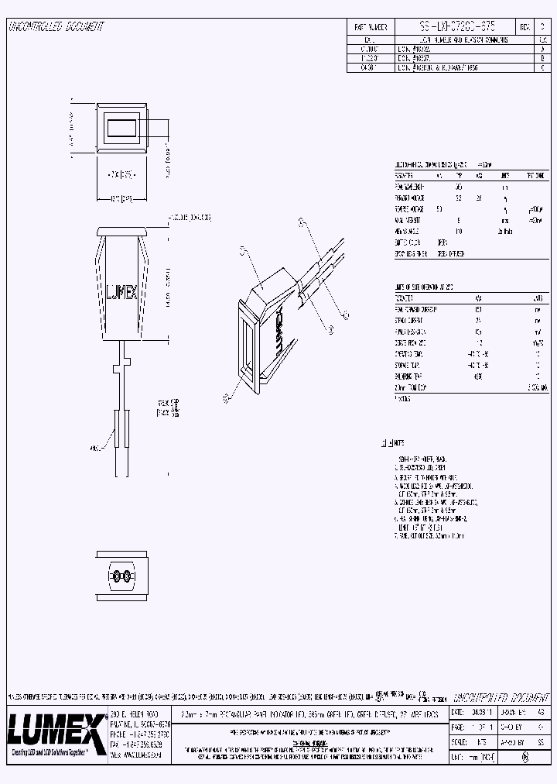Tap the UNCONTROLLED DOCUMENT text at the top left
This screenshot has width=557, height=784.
[x=55, y=27]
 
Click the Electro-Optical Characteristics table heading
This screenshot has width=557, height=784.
[x=433, y=165]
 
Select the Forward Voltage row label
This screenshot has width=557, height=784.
[x=410, y=198]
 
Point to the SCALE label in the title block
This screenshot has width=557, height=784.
[x=458, y=741]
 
